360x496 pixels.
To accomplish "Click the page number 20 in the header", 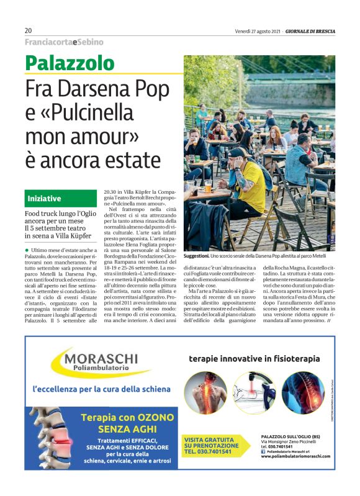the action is tap(28, 31).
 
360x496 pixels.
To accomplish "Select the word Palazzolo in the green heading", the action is tap(70, 63).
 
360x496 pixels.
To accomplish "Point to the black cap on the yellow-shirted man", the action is tap(239, 151).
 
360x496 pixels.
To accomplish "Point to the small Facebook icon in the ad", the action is tap(263, 451).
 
